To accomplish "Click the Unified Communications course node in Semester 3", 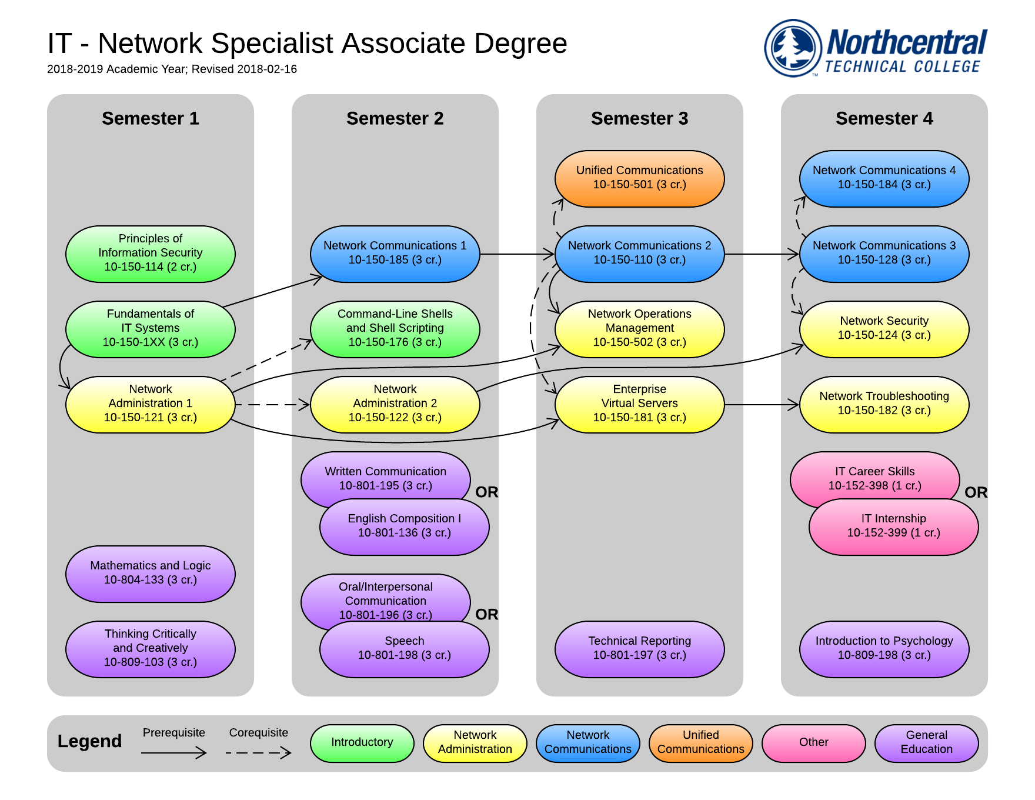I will [639, 178].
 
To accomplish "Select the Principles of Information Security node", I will [150, 254].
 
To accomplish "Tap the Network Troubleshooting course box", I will [884, 404].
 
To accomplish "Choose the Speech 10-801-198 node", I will [404, 649].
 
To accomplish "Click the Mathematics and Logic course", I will [150, 574].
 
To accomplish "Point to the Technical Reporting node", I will [639, 649].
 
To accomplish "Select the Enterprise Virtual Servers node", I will [639, 404].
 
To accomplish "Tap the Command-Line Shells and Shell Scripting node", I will [395, 329].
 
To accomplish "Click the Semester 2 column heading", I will [395, 118].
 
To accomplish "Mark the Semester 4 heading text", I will [884, 118].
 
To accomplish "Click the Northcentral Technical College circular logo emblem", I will [793, 48].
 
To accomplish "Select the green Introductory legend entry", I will [362, 743].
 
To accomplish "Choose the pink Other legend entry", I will [813, 743].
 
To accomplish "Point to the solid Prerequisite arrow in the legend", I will [173, 752].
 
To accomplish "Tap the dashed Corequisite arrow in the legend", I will [258, 752].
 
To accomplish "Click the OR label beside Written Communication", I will [486, 492].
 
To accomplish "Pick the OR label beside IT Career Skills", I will [976, 492].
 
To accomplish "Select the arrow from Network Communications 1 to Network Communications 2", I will [517, 254].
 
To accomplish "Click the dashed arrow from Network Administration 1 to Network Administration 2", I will [272, 405].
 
